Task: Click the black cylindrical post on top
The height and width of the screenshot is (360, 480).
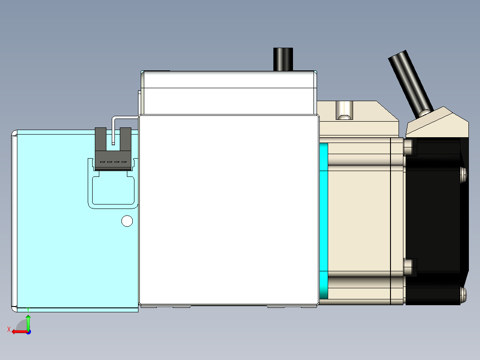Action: click(283, 59)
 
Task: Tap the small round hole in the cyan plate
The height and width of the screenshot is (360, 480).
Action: click(127, 221)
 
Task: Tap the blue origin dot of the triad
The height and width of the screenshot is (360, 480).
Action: click(28, 332)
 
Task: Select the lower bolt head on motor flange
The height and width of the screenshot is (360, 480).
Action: click(408, 267)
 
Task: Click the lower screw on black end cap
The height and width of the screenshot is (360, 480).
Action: click(464, 294)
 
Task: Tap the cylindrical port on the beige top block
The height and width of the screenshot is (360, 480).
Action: click(344, 110)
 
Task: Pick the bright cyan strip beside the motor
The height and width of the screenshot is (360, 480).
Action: click(324, 221)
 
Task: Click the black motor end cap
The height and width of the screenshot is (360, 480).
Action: click(436, 218)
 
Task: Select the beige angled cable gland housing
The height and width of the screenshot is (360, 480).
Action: click(439, 123)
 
